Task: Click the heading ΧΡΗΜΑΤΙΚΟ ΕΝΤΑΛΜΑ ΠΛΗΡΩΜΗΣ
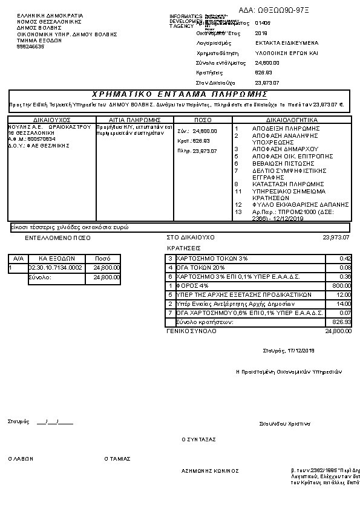tap(180, 94)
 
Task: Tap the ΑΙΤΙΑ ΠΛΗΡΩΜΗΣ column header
tap(134, 120)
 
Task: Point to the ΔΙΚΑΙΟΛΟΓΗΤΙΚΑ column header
tap(292, 120)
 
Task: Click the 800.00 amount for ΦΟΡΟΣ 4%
tap(342, 285)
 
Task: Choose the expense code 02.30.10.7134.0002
tap(55, 267)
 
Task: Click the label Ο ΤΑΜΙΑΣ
tap(117, 459)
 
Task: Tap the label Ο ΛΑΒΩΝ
tap(20, 459)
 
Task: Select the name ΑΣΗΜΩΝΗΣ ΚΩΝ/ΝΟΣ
tap(210, 470)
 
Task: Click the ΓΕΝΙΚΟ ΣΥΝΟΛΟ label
tap(191, 331)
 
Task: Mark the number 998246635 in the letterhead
tap(31, 47)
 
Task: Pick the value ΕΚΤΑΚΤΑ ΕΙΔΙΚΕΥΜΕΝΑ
tap(286, 44)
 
